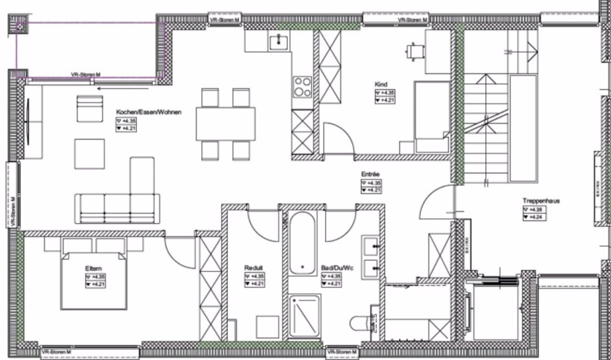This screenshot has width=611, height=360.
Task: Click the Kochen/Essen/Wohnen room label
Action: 148,112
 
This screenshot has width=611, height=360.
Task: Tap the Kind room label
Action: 381,84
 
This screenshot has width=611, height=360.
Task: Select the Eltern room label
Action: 93,268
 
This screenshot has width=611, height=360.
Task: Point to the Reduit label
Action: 253,268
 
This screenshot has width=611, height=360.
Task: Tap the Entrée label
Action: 371,174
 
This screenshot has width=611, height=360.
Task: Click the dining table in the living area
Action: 225,124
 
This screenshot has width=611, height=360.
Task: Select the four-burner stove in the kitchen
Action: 302,86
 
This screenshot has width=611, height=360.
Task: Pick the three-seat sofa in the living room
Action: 117,208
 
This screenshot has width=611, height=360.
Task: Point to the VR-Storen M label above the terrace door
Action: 86,75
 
